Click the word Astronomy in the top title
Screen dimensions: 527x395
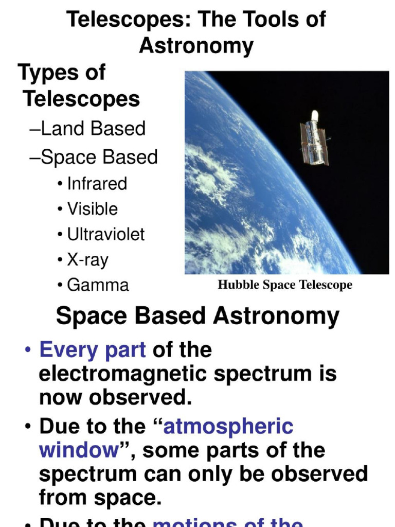coord(196,46)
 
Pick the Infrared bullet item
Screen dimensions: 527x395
coord(97,184)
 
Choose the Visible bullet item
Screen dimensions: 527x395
coord(92,209)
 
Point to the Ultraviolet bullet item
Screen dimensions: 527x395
coord(105,234)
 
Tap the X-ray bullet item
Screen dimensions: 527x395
coord(87,260)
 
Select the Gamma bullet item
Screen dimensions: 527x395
coord(98,285)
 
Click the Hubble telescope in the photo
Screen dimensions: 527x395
coord(314,138)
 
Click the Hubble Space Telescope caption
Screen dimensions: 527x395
coord(285,285)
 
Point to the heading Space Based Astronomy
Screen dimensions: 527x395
coord(197,316)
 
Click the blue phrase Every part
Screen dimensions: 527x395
coord(93,350)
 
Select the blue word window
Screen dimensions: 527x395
coord(79,450)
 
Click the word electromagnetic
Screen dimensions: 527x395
coord(123,374)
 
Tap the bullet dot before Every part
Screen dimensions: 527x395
coord(28,351)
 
